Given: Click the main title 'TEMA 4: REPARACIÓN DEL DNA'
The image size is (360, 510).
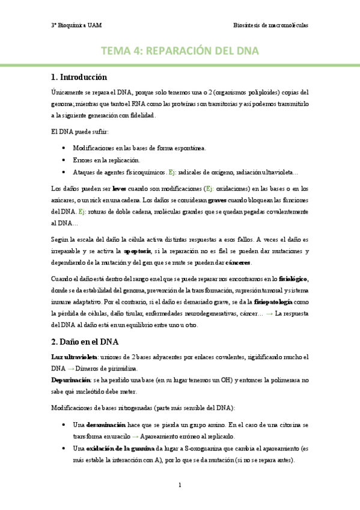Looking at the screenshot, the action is click(180, 52).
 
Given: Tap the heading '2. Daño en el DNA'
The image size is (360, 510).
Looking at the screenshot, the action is click(85, 342).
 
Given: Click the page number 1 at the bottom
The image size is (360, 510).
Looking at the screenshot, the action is click(180, 485).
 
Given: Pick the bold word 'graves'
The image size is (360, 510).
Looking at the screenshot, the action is click(217, 200).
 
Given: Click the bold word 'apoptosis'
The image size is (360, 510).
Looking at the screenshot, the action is click(139, 251).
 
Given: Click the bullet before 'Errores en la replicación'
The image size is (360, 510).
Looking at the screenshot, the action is click(64, 159).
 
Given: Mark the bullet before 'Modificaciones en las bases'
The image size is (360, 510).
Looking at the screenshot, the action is click(64, 148).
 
